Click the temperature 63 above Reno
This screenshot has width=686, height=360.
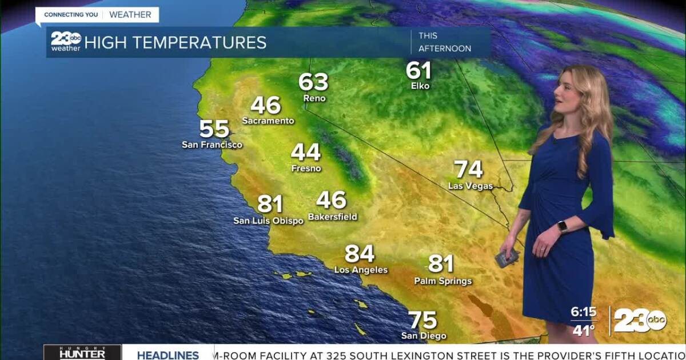tap(313, 82)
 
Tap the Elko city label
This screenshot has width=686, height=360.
tap(420, 86)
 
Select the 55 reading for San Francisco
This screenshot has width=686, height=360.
tap(214, 129)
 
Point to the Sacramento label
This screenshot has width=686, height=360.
tap(268, 121)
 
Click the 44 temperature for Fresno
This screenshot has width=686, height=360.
tap(306, 153)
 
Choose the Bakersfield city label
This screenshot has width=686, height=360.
tap(332, 217)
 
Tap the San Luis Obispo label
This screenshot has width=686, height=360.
tap(268, 221)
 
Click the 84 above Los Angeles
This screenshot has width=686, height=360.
tap(360, 254)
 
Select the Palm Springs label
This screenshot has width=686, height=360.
tap(443, 281)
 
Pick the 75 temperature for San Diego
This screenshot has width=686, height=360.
tap(423, 321)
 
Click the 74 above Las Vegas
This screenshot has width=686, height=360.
tap(468, 170)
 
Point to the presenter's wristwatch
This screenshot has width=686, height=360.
tap(563, 227)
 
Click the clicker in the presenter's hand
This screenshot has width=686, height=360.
tap(506, 258)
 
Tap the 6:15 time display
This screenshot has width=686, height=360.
tap(583, 313)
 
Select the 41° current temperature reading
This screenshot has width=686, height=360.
tap(583, 330)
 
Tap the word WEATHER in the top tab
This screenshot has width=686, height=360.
tap(130, 15)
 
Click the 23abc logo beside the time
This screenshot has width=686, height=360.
tap(640, 321)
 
